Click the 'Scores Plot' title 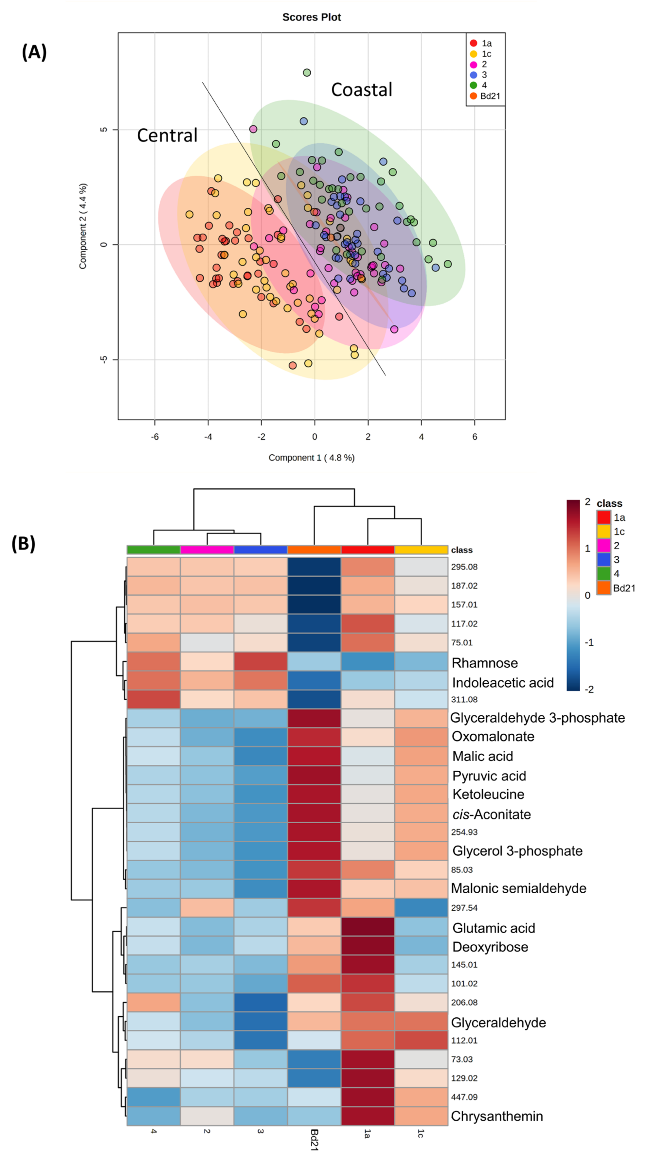pos(311,17)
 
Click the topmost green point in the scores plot pos(307,73)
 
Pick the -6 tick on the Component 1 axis pos(155,437)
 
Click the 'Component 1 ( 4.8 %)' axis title pos(311,458)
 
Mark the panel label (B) pos(23,544)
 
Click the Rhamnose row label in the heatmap pos(485,663)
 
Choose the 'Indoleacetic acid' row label pos(503,683)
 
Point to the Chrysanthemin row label pos(497,1116)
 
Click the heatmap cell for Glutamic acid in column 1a pos(368,928)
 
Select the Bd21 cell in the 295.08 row pos(314,567)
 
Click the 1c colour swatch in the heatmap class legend pos(604,531)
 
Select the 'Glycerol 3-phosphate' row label pos(517,851)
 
